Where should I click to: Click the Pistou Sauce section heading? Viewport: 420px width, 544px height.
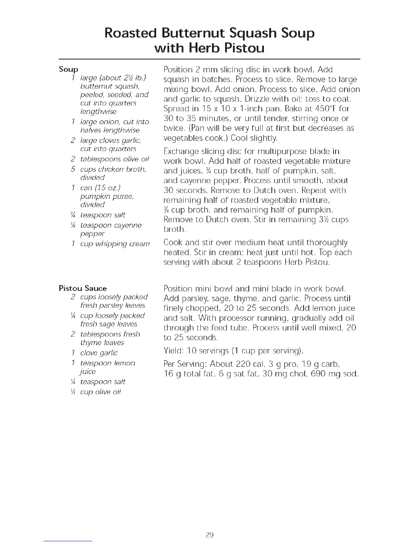83,288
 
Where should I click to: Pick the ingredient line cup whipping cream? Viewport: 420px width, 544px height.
115,244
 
